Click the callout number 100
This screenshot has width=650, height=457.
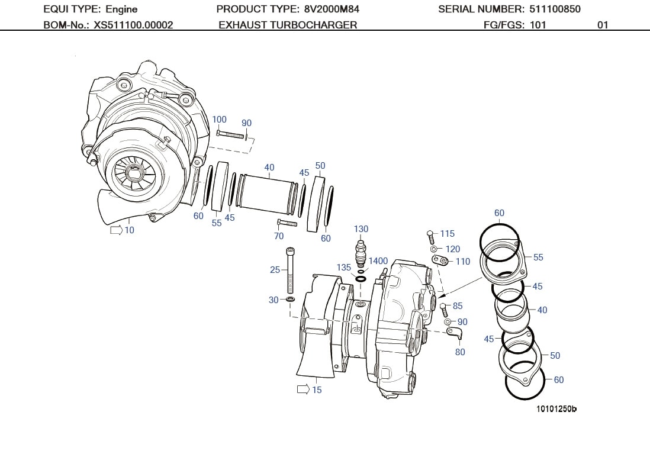point(219,120)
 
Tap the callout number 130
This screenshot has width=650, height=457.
point(361,229)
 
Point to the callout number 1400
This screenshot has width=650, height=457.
point(378,261)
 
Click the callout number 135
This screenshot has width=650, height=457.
point(344,268)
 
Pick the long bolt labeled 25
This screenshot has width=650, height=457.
point(290,271)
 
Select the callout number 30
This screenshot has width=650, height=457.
point(273,300)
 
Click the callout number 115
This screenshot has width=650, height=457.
point(448,234)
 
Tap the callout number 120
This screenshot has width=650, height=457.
point(452,249)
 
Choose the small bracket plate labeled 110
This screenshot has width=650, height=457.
point(440,260)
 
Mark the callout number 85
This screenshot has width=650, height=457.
point(458,306)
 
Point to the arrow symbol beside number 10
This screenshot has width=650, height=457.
point(116,230)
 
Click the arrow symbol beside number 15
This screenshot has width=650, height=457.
point(303,390)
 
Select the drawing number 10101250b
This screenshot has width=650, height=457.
point(556,409)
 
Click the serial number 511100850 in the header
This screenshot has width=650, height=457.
point(552,9)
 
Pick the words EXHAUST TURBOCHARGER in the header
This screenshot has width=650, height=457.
point(288,25)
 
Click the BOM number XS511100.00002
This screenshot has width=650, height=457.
point(133,25)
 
